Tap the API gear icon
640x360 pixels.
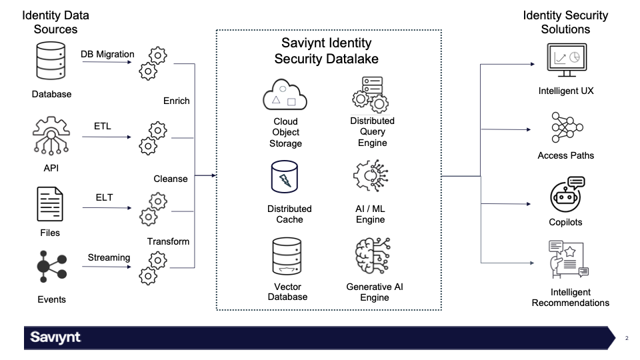pos(51,137)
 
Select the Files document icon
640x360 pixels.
pos(50,204)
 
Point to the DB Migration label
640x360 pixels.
pos(107,54)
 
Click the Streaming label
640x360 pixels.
pos(109,257)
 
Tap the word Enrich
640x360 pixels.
pos(176,101)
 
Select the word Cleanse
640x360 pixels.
pos(171,179)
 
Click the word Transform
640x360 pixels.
pos(168,241)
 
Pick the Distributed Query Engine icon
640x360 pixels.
pos(371,94)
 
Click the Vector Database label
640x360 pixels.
pos(287,292)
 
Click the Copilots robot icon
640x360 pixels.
pos(565,195)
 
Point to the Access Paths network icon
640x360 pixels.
pos(565,129)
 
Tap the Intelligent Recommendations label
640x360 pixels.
pos(570,297)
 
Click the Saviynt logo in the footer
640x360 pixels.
pos(55,338)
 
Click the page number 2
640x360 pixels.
pos(627,339)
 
